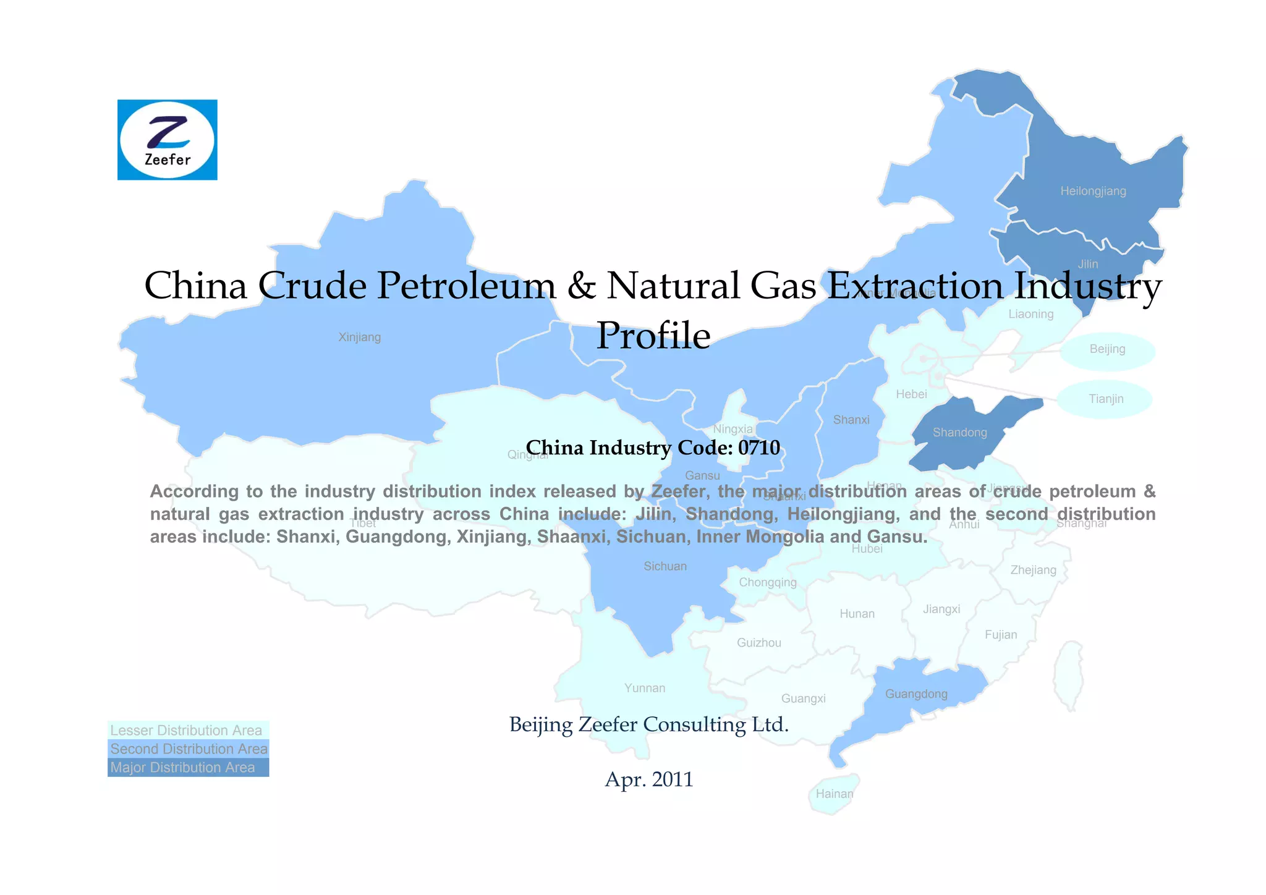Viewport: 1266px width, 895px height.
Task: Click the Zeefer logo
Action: (167, 140)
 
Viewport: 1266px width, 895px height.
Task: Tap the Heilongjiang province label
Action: (1093, 191)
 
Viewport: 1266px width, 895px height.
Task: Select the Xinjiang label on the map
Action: (360, 337)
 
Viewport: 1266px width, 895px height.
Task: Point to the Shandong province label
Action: (959, 433)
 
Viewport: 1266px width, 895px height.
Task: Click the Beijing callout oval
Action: (1107, 349)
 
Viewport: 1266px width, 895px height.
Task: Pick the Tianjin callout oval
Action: (1105, 399)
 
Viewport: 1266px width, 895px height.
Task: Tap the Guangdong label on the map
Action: (916, 694)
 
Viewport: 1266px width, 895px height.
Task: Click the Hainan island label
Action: (834, 794)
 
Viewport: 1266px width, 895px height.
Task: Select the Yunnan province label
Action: (645, 689)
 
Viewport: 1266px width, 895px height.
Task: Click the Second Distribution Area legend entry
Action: (188, 749)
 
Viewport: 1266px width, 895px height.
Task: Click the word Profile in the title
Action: (653, 336)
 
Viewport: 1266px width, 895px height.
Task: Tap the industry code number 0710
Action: (759, 448)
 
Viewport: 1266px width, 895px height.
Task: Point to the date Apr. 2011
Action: (649, 779)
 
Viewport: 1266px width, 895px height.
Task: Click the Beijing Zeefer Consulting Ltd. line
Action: (649, 724)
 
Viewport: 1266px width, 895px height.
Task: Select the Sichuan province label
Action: (665, 566)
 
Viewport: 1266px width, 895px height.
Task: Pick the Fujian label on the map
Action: (1001, 635)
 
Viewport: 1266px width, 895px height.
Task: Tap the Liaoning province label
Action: (1031, 314)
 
